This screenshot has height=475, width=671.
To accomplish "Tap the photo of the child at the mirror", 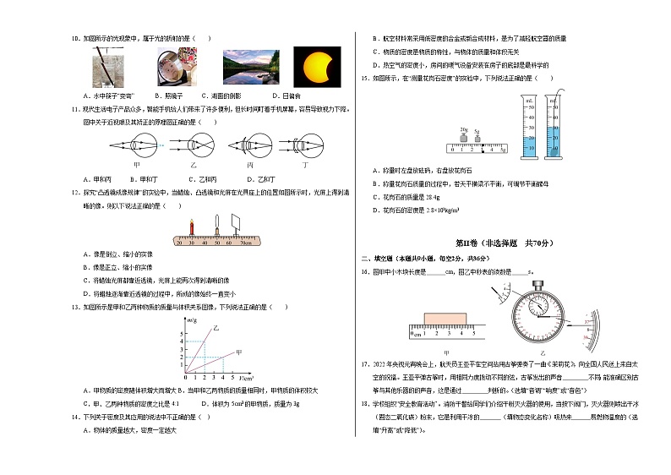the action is pos(175,65).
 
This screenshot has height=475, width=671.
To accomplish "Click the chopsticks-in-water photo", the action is pos(108,65).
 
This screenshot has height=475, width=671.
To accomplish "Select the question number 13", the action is pos(75,308).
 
